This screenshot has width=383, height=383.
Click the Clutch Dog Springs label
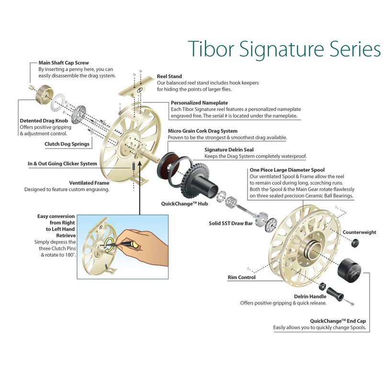[67, 144]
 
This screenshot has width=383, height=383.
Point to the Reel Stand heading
[169, 76]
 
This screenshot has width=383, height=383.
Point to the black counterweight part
[356, 243]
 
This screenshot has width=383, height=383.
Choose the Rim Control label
[241, 277]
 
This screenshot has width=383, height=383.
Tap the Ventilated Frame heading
[89, 183]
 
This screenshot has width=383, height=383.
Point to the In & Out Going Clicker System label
[62, 164]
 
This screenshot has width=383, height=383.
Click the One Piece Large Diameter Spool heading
[287, 170]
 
